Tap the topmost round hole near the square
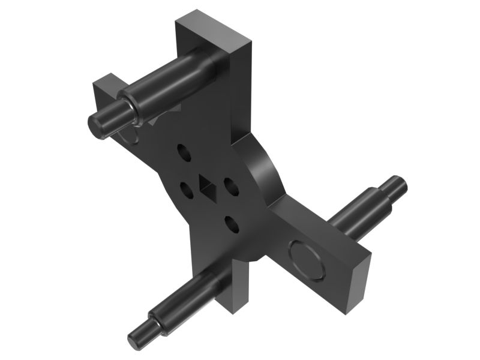(185, 153)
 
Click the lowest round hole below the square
(232, 224)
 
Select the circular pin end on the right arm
(307, 259)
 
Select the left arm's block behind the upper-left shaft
(106, 90)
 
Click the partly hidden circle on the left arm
(129, 136)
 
